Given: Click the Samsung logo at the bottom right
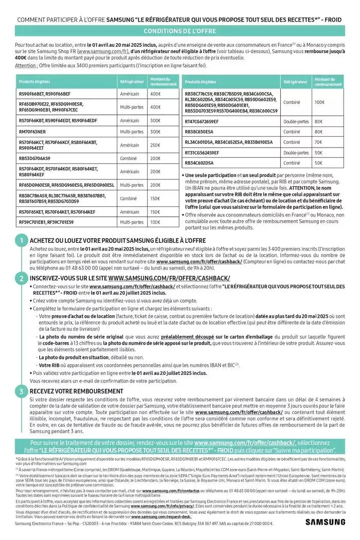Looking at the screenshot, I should click(x=325, y=523).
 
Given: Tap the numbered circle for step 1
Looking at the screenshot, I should click(x=21, y=240).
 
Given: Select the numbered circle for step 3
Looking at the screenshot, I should click(x=21, y=391).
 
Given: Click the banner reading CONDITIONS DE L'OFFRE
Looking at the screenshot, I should click(x=180, y=31).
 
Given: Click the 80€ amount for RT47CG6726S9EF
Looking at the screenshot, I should click(x=318, y=121).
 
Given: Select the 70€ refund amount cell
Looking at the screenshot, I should click(x=318, y=142).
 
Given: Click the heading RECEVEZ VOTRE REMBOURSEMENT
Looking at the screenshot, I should click(x=76, y=391).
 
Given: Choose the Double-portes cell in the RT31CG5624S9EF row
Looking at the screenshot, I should click(x=296, y=153).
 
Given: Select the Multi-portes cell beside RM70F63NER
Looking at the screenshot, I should click(x=132, y=132).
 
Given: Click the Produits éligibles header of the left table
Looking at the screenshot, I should click(x=32, y=82).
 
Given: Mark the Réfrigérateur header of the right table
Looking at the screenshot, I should click(x=295, y=82).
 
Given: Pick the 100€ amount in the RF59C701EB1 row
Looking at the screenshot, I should click(x=155, y=222).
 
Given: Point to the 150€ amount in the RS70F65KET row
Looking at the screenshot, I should click(x=155, y=211).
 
